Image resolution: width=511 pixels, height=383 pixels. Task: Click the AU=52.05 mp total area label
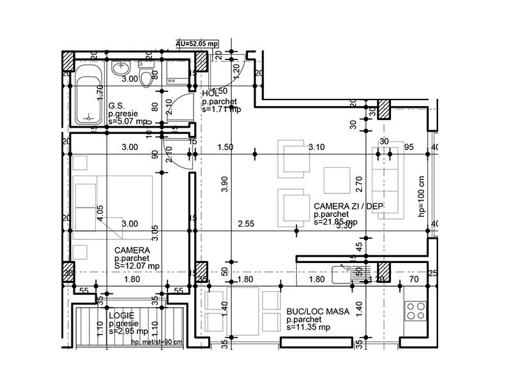point(197,43)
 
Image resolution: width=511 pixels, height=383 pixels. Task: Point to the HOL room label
point(210,94)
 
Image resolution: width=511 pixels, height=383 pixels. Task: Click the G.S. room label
point(116,106)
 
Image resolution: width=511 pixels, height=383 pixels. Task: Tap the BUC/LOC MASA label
point(317,312)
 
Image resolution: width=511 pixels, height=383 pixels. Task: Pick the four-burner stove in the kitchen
point(416,310)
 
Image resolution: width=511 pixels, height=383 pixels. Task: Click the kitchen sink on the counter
point(345,274)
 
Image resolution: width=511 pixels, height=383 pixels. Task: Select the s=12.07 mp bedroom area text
point(137,266)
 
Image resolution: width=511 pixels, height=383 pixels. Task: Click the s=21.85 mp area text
point(335,223)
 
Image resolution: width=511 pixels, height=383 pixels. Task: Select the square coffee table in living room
point(336,180)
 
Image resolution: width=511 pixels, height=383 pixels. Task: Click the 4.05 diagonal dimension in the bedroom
point(101,213)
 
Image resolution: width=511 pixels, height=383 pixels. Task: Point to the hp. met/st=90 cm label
point(156,342)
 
